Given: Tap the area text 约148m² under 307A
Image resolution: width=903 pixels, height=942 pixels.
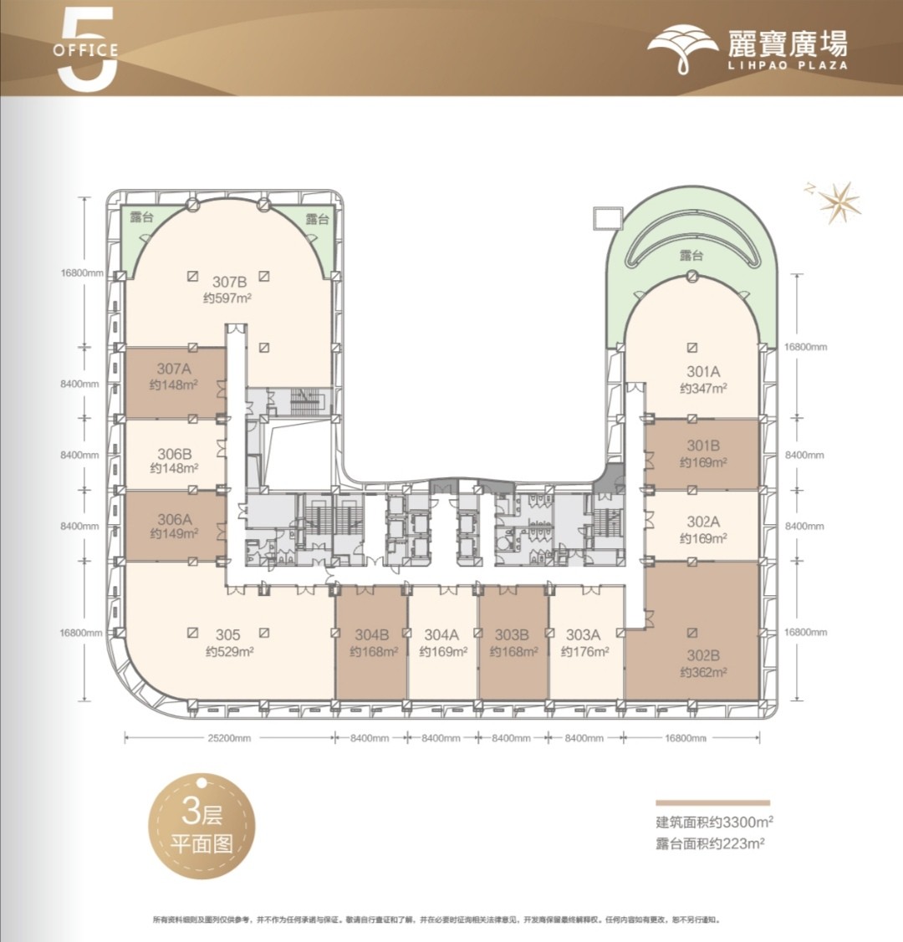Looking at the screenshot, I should pos(174,385).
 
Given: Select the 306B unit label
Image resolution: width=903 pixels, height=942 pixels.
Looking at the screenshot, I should pos(175,455).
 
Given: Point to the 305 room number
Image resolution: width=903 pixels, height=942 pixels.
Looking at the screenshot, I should pos(227,635).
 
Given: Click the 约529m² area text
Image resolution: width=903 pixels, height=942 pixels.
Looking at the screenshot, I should pos(227,652).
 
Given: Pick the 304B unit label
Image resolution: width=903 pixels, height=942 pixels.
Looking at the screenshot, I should pos(371,635).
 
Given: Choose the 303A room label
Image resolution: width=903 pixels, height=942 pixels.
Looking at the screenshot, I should pos(583,635).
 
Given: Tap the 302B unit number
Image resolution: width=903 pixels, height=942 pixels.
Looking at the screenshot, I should pos(703,655).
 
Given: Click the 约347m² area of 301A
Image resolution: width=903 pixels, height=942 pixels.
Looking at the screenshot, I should pos(703,388).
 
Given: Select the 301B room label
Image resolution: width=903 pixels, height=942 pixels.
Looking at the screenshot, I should pos(703,446).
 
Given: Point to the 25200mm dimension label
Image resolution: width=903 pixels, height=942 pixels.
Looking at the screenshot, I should pos(227,738).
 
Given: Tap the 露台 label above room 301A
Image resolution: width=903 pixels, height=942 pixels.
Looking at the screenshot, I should pos(691,256).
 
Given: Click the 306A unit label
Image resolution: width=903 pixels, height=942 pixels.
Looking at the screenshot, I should pos(175,520).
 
